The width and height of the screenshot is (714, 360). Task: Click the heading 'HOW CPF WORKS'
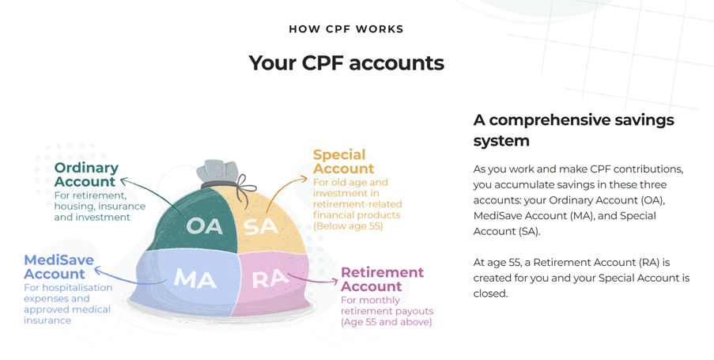pos(346,29)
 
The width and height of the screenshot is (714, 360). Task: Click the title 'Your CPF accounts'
pos(346,63)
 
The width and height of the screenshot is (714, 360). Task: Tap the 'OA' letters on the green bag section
pos(205,226)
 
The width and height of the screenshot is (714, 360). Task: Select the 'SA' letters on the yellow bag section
pos(261,226)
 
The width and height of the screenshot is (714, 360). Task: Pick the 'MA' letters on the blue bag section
pos(195,278)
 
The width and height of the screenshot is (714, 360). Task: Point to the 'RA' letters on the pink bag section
pos(270,279)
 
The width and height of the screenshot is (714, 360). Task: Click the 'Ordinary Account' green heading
pos(86,175)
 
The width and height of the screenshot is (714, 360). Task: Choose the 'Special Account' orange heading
pos(343,161)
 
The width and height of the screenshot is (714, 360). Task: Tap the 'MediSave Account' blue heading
pos(59,267)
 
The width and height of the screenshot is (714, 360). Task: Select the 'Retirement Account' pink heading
pos(382,279)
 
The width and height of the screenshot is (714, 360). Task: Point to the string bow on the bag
pos(244,188)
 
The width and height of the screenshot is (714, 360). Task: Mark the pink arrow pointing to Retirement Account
pos(313,279)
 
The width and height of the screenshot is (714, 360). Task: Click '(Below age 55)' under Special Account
pos(348,226)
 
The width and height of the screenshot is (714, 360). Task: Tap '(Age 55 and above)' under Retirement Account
pos(386,322)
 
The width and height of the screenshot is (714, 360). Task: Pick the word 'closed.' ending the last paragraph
pos(490,294)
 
